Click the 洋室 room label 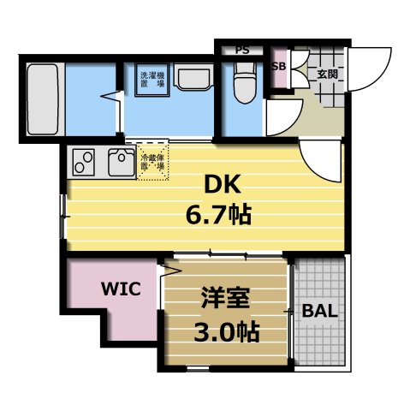click(226, 300)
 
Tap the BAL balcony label click(320, 310)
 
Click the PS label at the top click(242, 50)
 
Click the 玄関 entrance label click(327, 74)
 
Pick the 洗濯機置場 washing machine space click(152, 82)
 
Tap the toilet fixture click(242, 84)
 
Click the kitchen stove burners click(85, 160)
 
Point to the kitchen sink click(119, 160)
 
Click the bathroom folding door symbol click(113, 96)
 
